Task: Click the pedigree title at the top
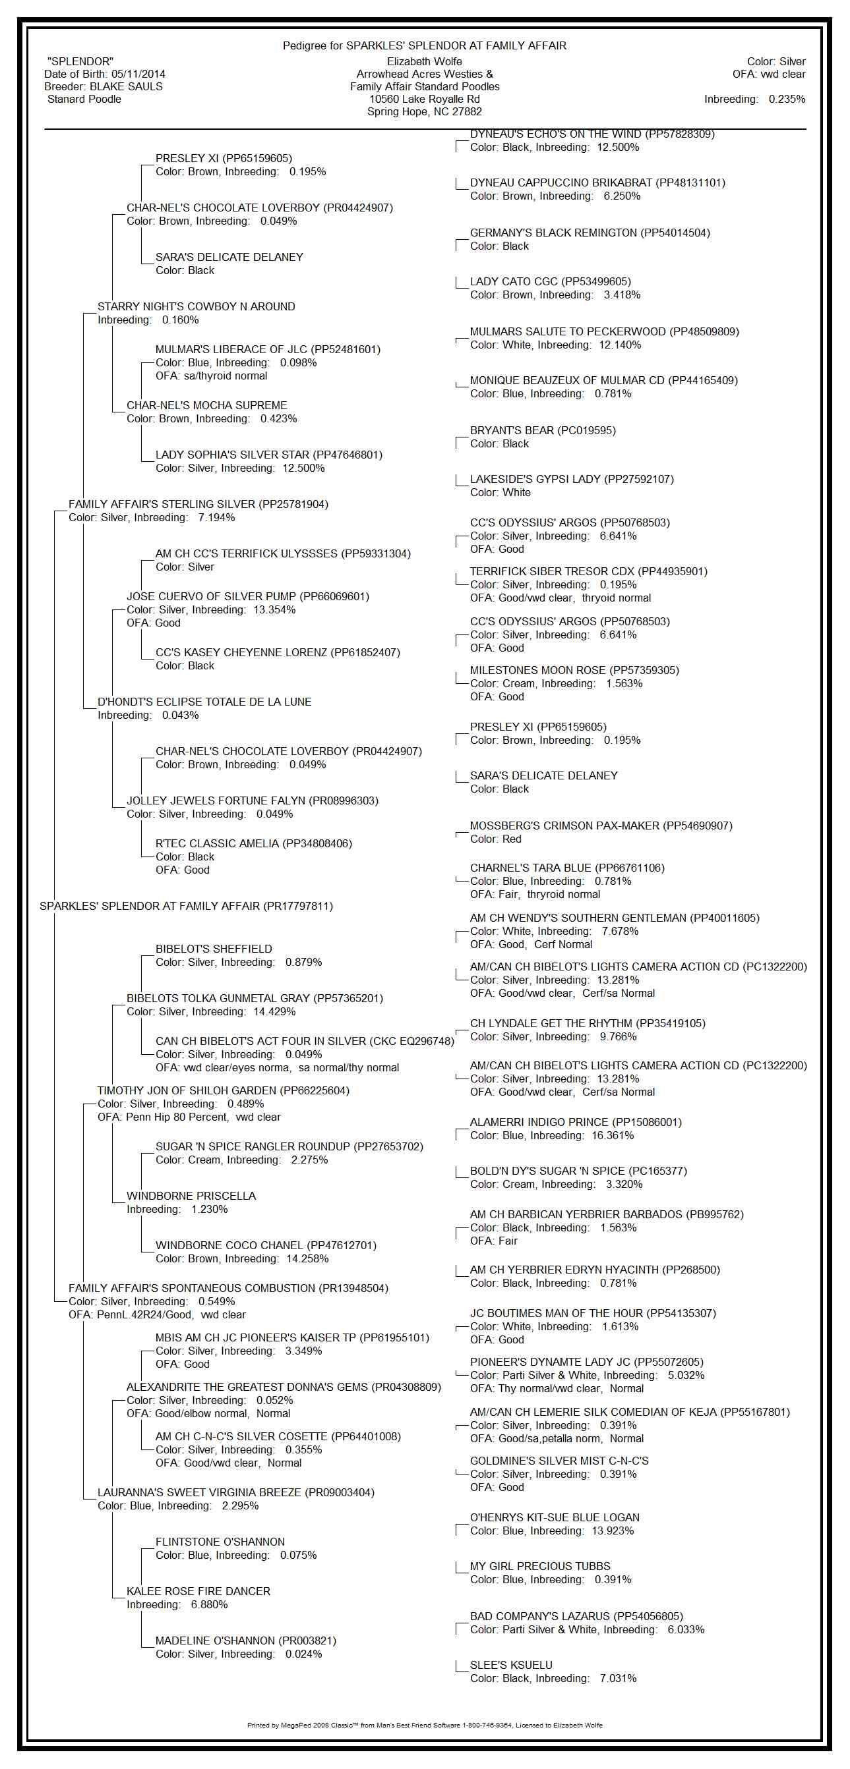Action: [425, 45]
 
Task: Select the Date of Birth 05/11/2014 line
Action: [104, 74]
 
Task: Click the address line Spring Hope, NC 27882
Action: [425, 111]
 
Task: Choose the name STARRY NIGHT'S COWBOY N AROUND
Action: [196, 306]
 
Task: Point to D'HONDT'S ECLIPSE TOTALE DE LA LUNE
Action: [204, 702]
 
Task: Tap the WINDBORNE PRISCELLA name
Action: [191, 1196]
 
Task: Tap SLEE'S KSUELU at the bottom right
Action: [510, 1665]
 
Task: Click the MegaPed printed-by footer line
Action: [425, 1725]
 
